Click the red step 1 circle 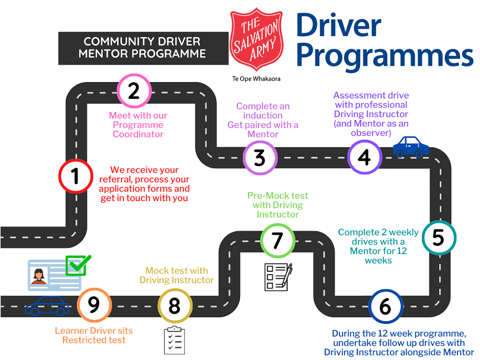pyautogui.click(x=75, y=177)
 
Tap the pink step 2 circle pyautogui.click(x=133, y=91)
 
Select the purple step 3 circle pyautogui.click(x=260, y=157)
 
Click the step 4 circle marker pyautogui.click(x=365, y=156)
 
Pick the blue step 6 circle pyautogui.click(x=385, y=307)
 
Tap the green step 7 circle pyautogui.click(x=277, y=240)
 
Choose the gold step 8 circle pyautogui.click(x=175, y=305)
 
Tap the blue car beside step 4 pyautogui.click(x=411, y=146)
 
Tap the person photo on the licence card pyautogui.click(x=38, y=275)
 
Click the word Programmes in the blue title pyautogui.click(x=384, y=56)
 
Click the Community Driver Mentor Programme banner pyautogui.click(x=142, y=48)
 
